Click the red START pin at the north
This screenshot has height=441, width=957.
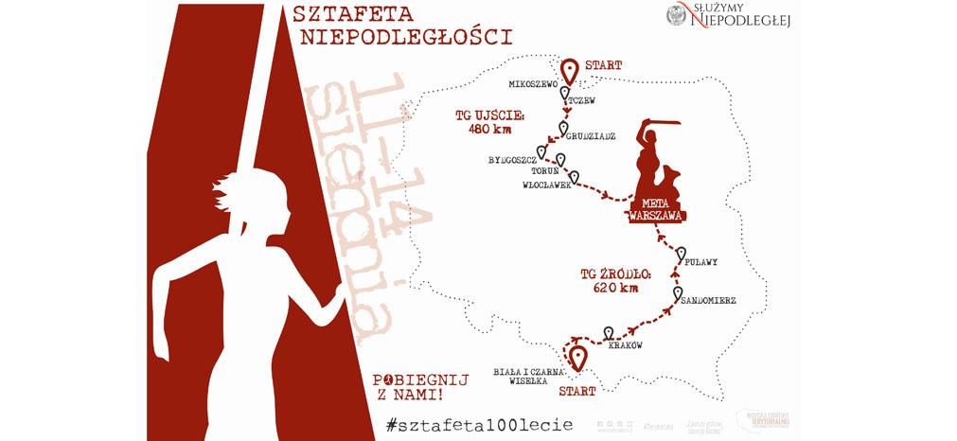pos(570,72)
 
